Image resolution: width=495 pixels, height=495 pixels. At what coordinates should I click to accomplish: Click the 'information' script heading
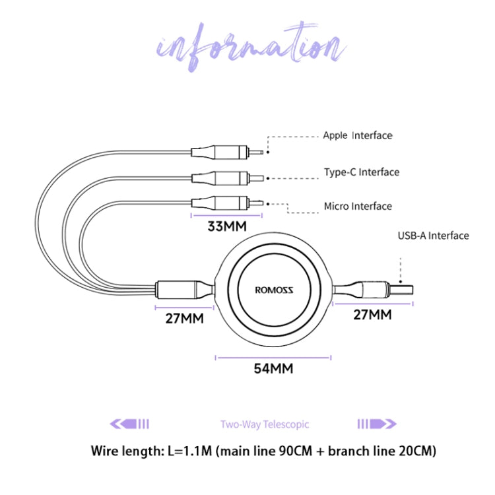coord(249,46)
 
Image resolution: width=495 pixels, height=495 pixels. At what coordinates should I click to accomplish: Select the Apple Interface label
coord(357,136)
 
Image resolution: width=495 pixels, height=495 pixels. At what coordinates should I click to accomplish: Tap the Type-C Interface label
coord(361,172)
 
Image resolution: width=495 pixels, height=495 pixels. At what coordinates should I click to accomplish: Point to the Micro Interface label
coord(357,207)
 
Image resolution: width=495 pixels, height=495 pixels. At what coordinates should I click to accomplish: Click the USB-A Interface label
coord(433,236)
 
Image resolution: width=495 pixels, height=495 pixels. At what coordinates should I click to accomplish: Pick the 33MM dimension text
coord(226,227)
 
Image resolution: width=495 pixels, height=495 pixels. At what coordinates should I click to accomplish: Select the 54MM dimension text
coord(273,369)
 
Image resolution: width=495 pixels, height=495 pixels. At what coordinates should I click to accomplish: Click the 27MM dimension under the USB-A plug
coord(372,315)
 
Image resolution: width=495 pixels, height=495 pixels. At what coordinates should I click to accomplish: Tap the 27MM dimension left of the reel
coord(184,318)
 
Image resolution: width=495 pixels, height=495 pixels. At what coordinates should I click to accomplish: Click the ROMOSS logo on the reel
coord(274,289)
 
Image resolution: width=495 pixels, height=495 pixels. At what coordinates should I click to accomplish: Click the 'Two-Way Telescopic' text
coord(265,425)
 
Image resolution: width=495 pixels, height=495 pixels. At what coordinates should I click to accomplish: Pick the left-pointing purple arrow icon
coord(129,424)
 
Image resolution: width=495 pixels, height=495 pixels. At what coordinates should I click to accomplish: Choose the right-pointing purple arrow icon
coord(377,424)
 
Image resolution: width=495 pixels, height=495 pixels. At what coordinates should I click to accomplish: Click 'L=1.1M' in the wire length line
coord(189,452)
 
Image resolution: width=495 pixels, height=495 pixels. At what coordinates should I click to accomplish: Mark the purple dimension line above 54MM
coord(273,358)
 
